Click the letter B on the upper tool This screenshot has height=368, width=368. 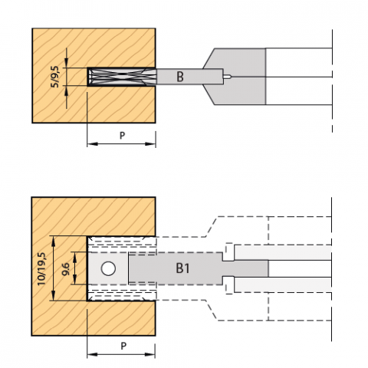point(180,77)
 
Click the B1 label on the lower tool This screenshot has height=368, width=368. point(182,268)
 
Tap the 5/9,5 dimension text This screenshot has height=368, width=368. point(54,77)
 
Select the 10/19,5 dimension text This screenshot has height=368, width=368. point(41,269)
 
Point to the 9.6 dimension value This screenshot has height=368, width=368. point(66,269)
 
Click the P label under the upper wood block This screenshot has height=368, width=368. point(123,136)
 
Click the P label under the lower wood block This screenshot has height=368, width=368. point(123,346)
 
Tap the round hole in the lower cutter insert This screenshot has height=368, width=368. point(108,268)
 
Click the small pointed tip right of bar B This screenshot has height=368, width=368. point(228,77)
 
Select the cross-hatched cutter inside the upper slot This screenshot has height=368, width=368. point(122,77)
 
